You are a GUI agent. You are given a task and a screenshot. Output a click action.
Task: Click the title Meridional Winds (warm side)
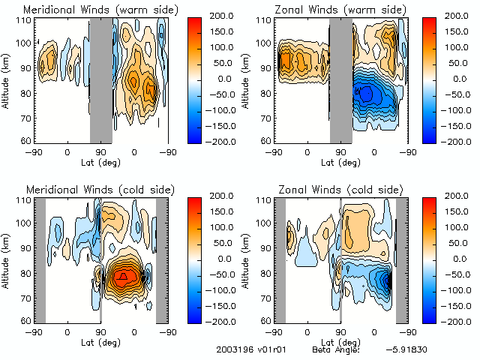pyautogui.click(x=100, y=10)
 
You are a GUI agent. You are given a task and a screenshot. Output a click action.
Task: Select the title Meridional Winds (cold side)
pyautogui.click(x=99, y=189)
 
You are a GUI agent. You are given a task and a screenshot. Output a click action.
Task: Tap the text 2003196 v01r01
pyautogui.click(x=246, y=349)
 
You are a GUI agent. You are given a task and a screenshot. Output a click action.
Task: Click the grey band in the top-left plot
pyautogui.click(x=100, y=79)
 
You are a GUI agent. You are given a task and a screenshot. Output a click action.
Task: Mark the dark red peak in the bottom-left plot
pyautogui.click(x=124, y=277)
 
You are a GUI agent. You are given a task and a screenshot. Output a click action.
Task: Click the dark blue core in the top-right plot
pyautogui.click(x=366, y=94)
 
